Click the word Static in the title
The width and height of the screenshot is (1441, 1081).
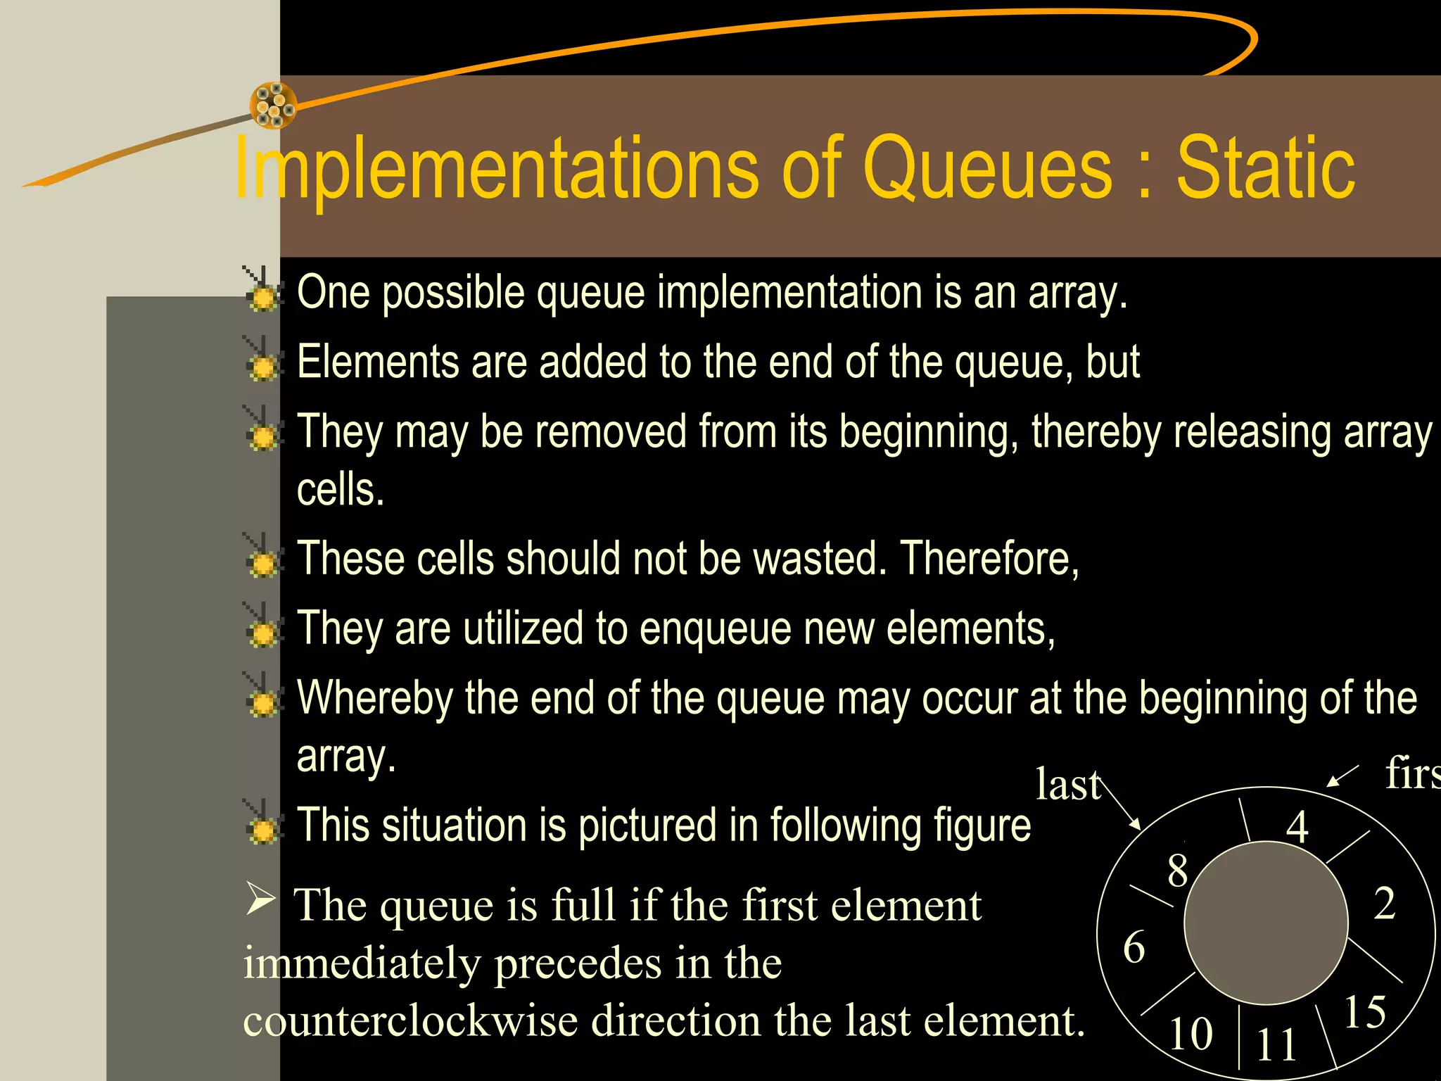1265,169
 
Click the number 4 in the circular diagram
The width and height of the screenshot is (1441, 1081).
1297,827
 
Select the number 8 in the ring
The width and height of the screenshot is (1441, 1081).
1178,871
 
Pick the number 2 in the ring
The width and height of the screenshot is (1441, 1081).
1385,903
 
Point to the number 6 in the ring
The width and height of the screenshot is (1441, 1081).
1134,947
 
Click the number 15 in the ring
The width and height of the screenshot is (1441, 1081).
1364,1012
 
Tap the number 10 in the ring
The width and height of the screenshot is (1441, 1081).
1191,1034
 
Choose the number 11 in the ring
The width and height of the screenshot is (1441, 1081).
1276,1044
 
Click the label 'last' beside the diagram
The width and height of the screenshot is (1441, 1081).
1067,785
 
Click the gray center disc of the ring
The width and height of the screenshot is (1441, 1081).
1266,923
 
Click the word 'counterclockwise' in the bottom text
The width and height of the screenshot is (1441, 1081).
410,1020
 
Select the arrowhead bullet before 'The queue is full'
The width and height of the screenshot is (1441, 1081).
260,899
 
